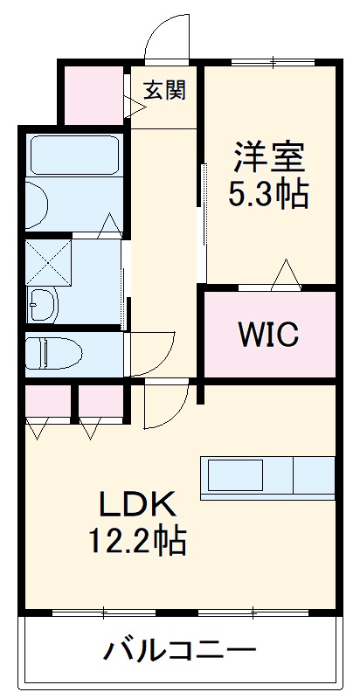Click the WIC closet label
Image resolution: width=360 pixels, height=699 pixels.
(x=269, y=333)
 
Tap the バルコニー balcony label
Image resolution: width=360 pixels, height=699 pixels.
(x=182, y=651)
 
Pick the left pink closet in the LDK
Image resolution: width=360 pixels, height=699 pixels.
(x=48, y=400)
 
